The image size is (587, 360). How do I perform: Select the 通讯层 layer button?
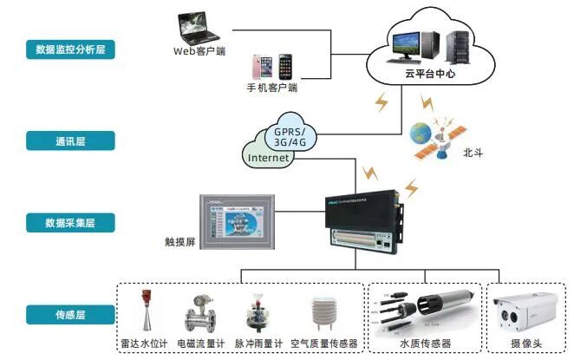point(70,140)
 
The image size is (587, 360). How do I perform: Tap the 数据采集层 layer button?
point(70,223)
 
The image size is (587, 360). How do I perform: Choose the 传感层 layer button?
point(70,314)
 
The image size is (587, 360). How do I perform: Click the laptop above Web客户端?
point(197,25)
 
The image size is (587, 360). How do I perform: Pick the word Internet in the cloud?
point(269,159)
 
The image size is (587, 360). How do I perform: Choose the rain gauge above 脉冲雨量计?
point(259,311)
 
